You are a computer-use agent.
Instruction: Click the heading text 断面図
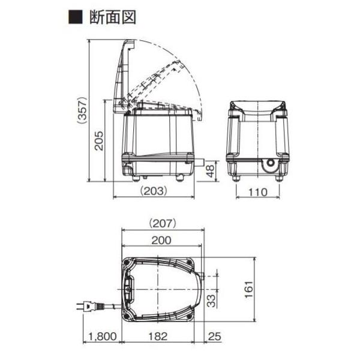(x=113, y=17)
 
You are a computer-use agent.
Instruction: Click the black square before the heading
(x=76, y=17)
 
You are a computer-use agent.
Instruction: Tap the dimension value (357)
(x=82, y=111)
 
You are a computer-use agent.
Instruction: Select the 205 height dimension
(x=99, y=141)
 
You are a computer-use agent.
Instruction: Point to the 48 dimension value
(x=210, y=171)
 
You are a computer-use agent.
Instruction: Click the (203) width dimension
(x=154, y=191)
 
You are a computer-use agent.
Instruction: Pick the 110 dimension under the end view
(x=258, y=192)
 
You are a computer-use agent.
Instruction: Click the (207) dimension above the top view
(x=163, y=223)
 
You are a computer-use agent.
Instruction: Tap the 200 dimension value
(x=161, y=240)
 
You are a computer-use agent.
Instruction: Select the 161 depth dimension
(x=249, y=289)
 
